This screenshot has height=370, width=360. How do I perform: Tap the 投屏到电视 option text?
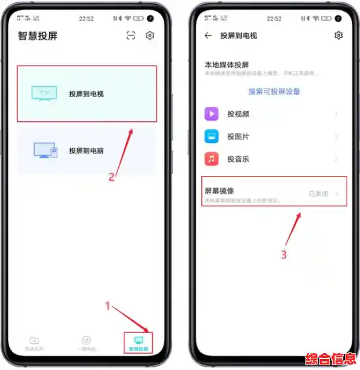(x=86, y=94)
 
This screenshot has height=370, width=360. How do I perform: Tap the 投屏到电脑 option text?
(x=86, y=150)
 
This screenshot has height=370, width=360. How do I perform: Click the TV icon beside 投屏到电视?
(x=43, y=93)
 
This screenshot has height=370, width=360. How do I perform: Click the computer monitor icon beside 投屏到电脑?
(x=45, y=150)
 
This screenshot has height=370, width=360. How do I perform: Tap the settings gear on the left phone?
(x=150, y=36)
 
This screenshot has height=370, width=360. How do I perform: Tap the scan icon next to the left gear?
(x=130, y=36)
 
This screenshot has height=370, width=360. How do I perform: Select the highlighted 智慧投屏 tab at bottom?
(x=138, y=343)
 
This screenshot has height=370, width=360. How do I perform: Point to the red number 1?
(x=108, y=306)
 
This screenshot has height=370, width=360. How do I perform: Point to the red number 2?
(x=112, y=178)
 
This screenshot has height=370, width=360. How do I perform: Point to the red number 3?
(x=284, y=255)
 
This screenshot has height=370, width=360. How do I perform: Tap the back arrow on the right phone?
(x=208, y=36)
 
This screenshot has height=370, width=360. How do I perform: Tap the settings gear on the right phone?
(x=338, y=36)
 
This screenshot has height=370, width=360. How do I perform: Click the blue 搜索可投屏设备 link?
(x=274, y=92)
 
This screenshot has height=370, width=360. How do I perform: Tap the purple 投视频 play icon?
(x=212, y=113)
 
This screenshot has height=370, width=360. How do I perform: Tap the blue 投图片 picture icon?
(x=212, y=136)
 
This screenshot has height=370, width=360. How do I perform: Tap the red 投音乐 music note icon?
(x=212, y=159)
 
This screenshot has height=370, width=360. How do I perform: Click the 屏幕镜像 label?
(x=220, y=191)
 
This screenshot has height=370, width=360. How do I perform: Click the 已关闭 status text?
(x=318, y=194)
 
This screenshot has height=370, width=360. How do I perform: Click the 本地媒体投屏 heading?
(x=227, y=64)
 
